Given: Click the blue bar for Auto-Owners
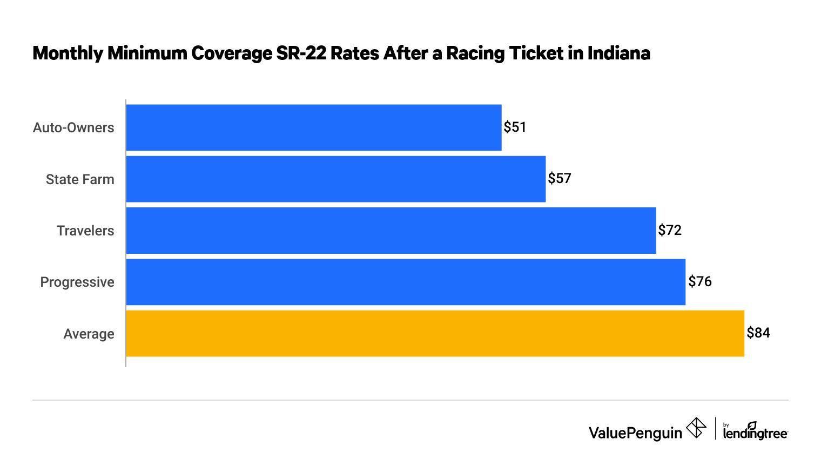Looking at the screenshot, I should [314, 127].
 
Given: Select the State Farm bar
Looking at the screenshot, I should [336, 179].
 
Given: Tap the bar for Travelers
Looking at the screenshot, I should [391, 231].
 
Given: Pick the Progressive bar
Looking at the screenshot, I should [406, 282].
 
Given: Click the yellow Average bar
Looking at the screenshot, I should [435, 333].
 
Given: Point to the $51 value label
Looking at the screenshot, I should [515, 127].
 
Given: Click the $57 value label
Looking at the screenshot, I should [559, 179].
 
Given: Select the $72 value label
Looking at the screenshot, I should [670, 231].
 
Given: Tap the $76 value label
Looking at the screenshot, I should [699, 282].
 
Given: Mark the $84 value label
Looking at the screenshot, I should [758, 333].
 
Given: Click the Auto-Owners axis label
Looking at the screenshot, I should [73, 128].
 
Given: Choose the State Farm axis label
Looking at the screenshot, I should [80, 180].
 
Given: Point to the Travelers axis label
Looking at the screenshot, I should [85, 231].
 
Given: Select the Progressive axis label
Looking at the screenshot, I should [77, 282].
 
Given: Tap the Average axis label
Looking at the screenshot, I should [89, 334].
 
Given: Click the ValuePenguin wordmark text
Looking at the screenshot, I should [635, 433].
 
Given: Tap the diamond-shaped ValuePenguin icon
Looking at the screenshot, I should [696, 428].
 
